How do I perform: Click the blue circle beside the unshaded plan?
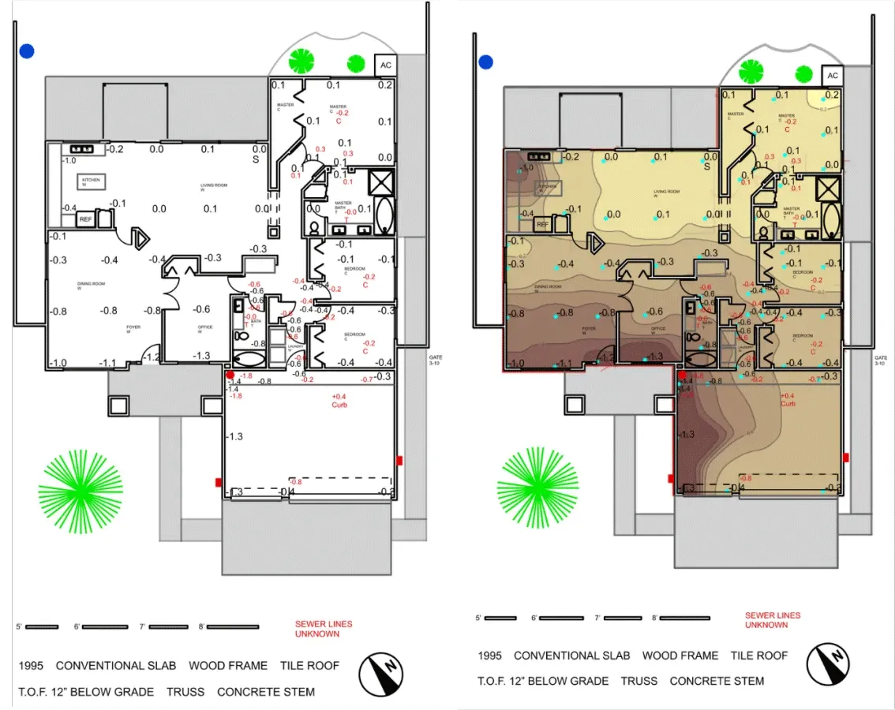(x=28, y=51)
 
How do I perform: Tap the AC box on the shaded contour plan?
(x=832, y=76)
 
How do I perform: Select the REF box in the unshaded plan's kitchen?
(x=86, y=219)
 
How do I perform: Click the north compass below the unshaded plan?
(x=381, y=675)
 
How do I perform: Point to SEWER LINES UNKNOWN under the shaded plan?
(x=773, y=620)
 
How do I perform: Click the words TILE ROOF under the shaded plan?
(x=758, y=656)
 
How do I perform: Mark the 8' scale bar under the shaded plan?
(x=684, y=618)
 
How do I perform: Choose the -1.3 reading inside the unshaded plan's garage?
(x=235, y=436)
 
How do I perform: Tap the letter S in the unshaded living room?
(x=256, y=159)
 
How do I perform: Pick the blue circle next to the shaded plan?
(x=485, y=62)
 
